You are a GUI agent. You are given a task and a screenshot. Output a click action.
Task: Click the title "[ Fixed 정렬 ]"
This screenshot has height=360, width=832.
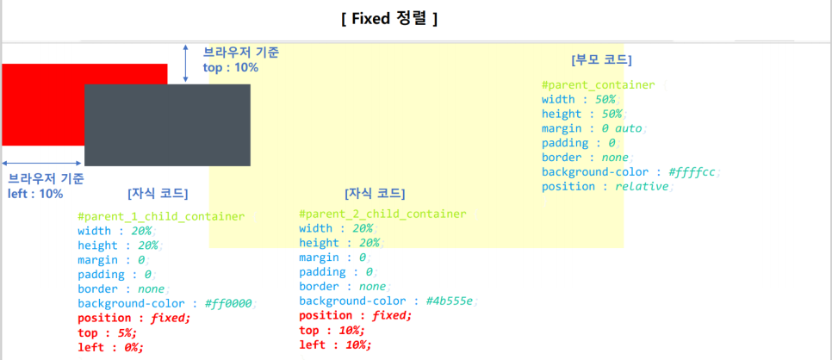pos(389,18)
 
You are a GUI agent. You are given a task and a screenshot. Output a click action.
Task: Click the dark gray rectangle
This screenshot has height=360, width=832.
pos(167,125)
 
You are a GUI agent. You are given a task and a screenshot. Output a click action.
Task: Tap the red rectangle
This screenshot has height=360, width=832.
pos(43,103)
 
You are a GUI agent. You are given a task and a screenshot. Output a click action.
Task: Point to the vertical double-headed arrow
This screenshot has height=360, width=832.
pos(186,64)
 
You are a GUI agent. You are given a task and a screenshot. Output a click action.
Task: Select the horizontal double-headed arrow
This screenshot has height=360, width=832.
pos(41,162)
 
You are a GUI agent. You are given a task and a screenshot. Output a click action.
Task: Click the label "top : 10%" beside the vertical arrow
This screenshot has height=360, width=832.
pos(230,67)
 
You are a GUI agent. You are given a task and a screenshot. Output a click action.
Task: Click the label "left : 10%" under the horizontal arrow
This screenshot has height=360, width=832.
pos(35,194)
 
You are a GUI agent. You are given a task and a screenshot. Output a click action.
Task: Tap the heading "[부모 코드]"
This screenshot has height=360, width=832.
pos(601,60)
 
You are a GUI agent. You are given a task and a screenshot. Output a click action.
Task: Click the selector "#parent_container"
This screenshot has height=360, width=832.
pos(598,85)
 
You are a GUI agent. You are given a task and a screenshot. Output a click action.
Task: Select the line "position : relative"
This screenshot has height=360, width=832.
pos(606,186)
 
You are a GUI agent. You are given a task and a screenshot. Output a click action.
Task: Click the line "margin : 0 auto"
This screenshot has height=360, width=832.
pos(593,128)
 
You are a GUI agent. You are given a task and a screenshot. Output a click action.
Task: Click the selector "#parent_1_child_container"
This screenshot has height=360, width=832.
pos(161,216)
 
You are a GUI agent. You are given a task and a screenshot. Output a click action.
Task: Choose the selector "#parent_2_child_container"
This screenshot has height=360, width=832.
pos(382,214)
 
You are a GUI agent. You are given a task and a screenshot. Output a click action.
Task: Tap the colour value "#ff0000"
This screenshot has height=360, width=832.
pos(230,303)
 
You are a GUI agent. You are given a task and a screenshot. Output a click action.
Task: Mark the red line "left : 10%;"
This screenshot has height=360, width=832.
pos(335,344)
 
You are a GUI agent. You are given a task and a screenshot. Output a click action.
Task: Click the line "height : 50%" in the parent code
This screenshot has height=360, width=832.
pos(582,114)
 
